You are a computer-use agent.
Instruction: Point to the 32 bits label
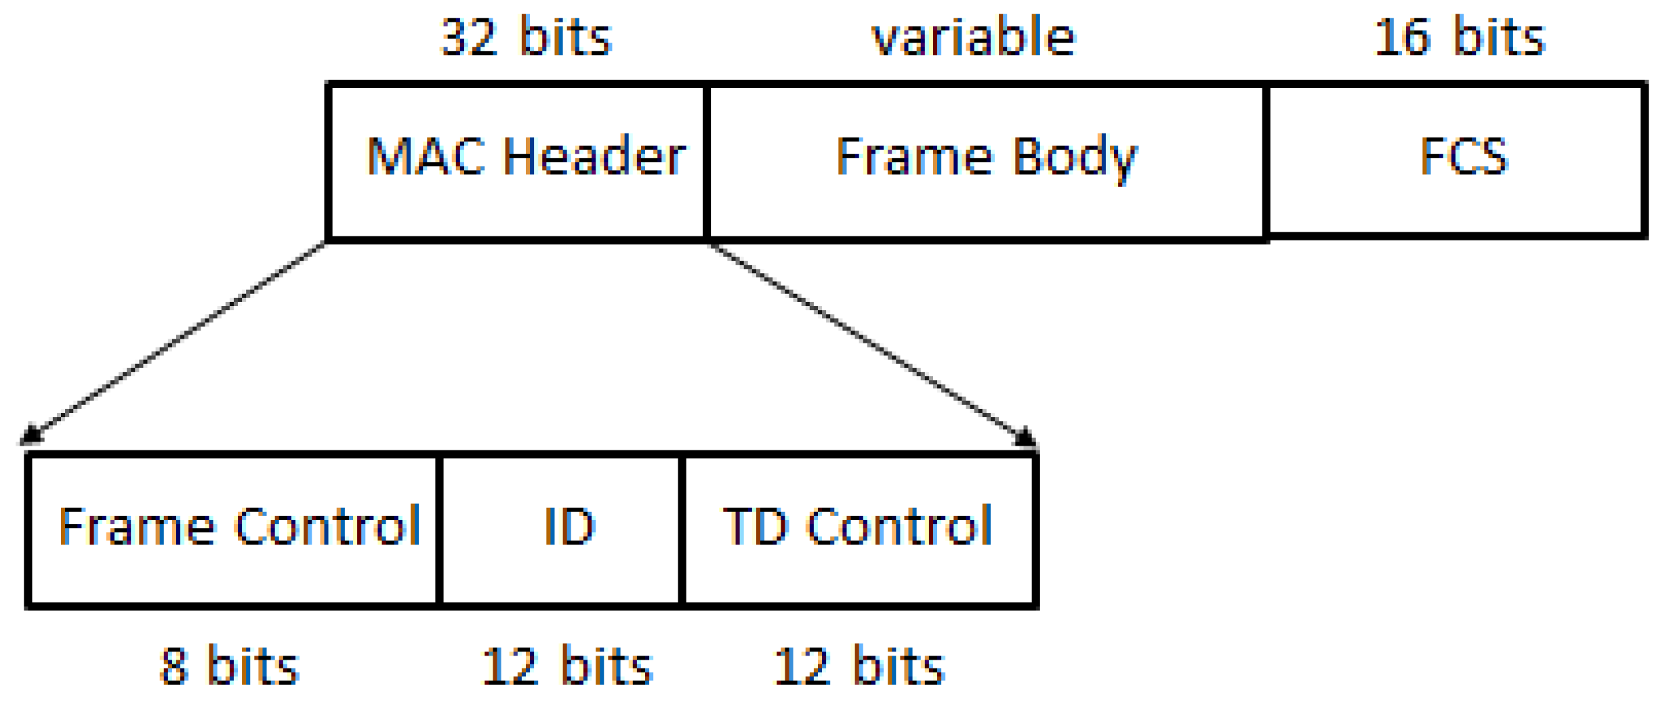(527, 37)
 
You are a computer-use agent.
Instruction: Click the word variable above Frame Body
(973, 37)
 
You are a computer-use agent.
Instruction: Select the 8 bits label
(230, 667)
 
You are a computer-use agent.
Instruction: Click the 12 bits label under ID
(566, 667)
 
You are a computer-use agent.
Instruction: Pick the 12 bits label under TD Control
(859, 667)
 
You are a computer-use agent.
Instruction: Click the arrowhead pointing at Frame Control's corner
(30, 435)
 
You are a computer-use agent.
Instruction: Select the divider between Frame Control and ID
(439, 530)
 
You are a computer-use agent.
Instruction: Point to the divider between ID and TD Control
(682, 530)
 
